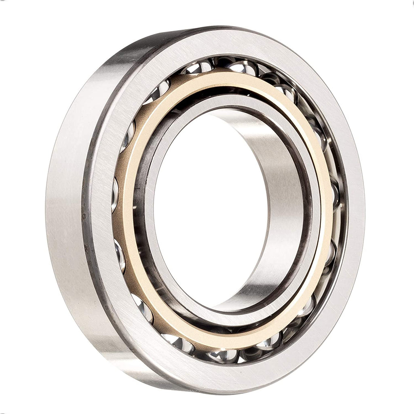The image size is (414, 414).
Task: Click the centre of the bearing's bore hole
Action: click(x=210, y=210)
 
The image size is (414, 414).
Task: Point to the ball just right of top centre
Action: click(x=243, y=67)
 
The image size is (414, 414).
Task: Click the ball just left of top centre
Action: click(x=198, y=67)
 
